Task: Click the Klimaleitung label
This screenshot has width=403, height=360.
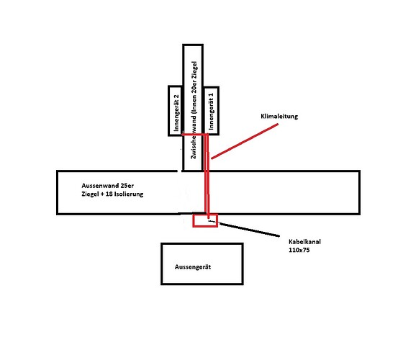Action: click(279, 116)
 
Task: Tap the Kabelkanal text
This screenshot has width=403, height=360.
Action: click(304, 242)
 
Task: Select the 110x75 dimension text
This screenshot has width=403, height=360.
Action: click(299, 250)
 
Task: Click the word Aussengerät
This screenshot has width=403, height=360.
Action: click(193, 267)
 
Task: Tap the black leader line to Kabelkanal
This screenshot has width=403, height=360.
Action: click(249, 230)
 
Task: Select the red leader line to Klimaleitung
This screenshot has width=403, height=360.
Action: click(245, 141)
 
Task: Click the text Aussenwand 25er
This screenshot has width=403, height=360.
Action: click(108, 186)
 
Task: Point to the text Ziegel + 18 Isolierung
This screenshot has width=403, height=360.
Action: click(112, 194)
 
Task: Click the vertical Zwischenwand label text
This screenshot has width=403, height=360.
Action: click(194, 110)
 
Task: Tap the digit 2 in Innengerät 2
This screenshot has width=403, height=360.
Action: click(176, 97)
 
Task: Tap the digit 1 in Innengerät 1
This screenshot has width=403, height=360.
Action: click(212, 96)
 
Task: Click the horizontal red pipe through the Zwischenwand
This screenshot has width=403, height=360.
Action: click(194, 134)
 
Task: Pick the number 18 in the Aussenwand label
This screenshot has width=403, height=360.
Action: click(109, 194)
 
